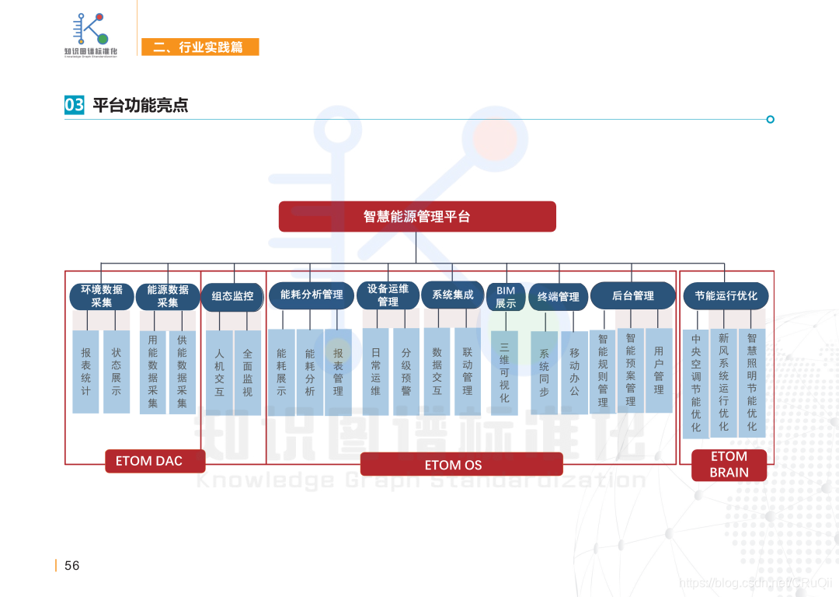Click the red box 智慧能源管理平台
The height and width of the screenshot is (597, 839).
tap(417, 217)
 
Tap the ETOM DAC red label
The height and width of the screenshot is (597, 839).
tap(155, 461)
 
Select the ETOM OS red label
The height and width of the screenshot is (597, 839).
tap(461, 465)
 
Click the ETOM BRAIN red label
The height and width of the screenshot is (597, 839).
tap(729, 465)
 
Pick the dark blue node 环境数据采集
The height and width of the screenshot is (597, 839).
tap(101, 296)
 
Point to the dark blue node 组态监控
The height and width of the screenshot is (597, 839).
tap(232, 296)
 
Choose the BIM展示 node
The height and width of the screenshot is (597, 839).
tap(506, 297)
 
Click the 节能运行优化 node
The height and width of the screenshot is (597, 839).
tap(726, 296)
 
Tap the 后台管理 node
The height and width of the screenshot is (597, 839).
tap(632, 295)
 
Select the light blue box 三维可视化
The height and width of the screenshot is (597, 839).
tap(504, 374)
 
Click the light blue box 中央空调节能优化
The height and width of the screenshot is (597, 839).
tap(696, 382)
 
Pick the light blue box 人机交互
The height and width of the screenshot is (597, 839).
tap(219, 372)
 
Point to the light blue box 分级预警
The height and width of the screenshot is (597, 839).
tap(406, 372)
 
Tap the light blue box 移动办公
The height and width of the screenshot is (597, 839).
tap(574, 372)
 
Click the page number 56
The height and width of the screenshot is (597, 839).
tap(71, 566)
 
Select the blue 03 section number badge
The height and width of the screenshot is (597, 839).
tap(75, 105)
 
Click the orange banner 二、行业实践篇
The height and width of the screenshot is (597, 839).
tap(200, 47)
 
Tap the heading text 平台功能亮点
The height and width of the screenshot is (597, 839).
tap(140, 105)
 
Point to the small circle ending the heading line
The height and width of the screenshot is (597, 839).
tap(771, 119)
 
